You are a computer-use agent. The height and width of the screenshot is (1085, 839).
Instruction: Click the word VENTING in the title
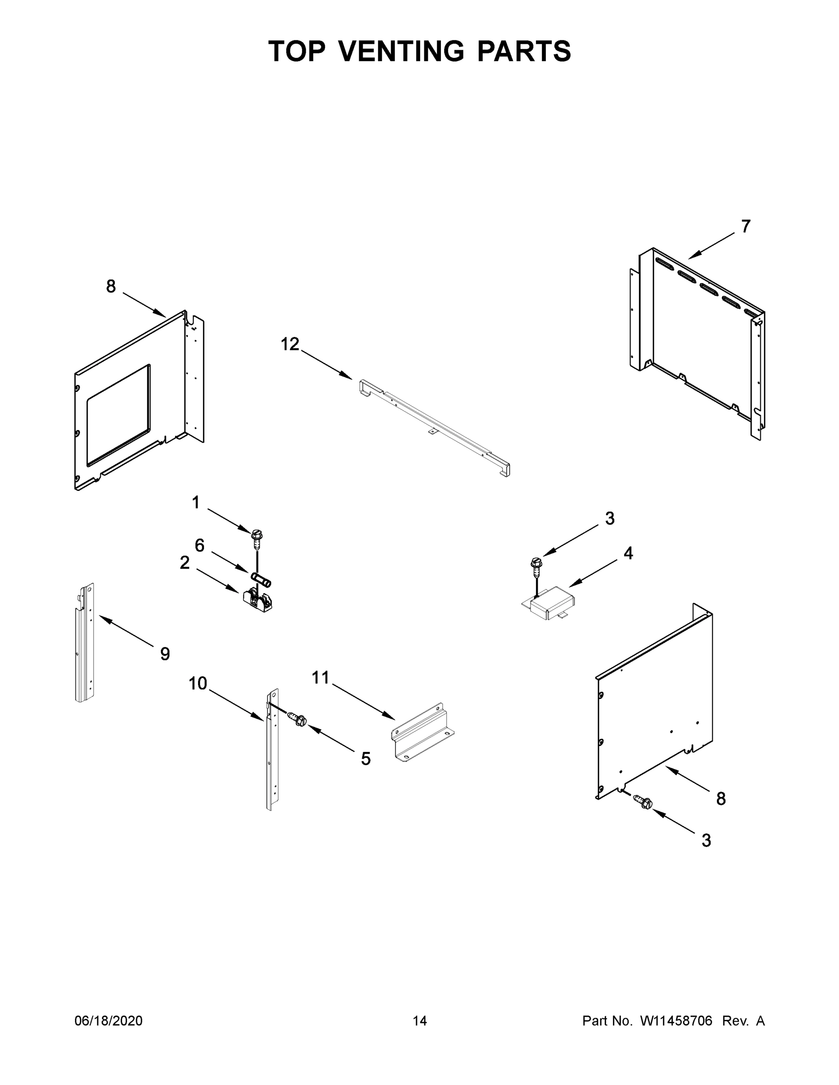pyautogui.click(x=402, y=51)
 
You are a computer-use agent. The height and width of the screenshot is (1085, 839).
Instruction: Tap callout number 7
pyautogui.click(x=745, y=226)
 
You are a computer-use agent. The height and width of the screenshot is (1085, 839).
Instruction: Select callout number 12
pyautogui.click(x=290, y=344)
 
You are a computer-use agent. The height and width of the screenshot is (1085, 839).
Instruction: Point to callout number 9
pyautogui.click(x=165, y=654)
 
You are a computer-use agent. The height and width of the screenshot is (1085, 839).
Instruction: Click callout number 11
pyautogui.click(x=321, y=677)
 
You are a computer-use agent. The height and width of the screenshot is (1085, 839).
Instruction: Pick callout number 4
pyautogui.click(x=628, y=553)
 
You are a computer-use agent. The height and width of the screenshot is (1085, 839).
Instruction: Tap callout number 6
pyautogui.click(x=199, y=546)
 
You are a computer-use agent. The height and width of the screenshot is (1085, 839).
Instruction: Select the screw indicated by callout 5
pyautogui.click(x=299, y=719)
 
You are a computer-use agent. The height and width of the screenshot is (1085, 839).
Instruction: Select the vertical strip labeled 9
pyautogui.click(x=85, y=646)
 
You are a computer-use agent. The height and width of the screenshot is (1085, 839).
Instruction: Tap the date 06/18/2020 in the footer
pyautogui.click(x=109, y=1020)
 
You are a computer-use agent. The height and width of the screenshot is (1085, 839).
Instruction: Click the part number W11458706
pyautogui.click(x=676, y=1020)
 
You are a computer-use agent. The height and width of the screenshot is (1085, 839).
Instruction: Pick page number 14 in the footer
pyautogui.click(x=420, y=1020)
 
